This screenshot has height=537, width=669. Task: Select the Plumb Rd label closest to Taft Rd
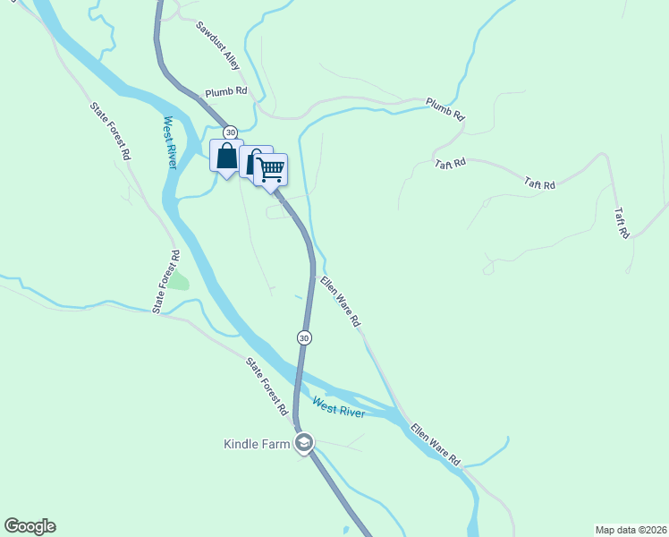pyautogui.click(x=445, y=108)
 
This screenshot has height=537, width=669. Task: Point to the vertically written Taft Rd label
pyautogui.click(x=622, y=223)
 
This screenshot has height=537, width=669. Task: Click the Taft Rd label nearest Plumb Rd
pyautogui.click(x=451, y=164)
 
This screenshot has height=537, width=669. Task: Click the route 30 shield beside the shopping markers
pyautogui.click(x=230, y=132)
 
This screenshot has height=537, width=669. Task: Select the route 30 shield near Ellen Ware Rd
pyautogui.click(x=304, y=337)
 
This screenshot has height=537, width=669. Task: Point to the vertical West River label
pyautogui.click(x=169, y=142)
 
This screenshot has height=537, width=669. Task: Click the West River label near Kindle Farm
pyautogui.click(x=338, y=407)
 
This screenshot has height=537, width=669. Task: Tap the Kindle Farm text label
pyautogui.click(x=258, y=444)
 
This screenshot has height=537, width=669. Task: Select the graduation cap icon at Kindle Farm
pyautogui.click(x=304, y=442)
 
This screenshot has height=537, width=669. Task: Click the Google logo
pyautogui.click(x=30, y=526)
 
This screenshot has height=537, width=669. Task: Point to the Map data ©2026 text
pyautogui.click(x=631, y=530)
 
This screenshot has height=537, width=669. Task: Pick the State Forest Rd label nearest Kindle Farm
pyautogui.click(x=267, y=386)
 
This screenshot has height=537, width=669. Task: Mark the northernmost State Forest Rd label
pyautogui.click(x=110, y=131)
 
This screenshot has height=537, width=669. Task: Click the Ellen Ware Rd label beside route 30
pyautogui.click(x=340, y=301)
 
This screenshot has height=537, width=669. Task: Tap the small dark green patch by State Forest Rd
pyautogui.click(x=180, y=280)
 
